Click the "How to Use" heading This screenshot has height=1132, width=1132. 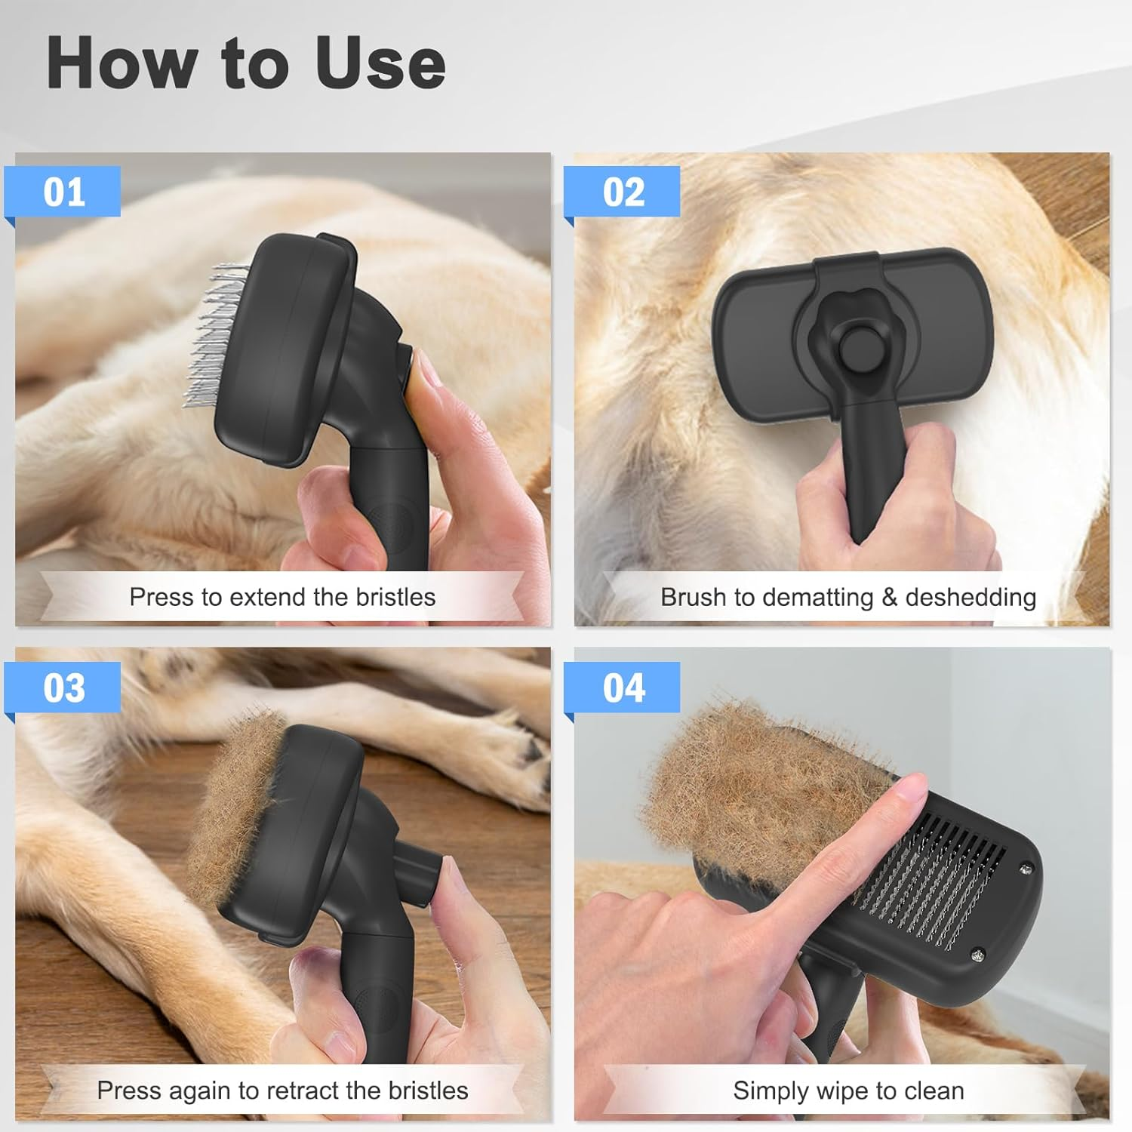click(x=246, y=63)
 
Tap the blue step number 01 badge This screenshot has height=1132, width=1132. click(x=63, y=192)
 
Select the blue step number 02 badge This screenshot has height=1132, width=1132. click(x=623, y=192)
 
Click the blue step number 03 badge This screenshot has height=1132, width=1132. click(x=63, y=688)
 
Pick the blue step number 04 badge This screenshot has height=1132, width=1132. click(x=623, y=688)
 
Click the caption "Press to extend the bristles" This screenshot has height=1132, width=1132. click(x=282, y=597)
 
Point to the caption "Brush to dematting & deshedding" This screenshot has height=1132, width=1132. click(x=847, y=597)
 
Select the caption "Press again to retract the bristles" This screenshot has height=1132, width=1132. click(x=282, y=1090)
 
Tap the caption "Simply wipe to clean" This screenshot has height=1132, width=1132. click(x=847, y=1090)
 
